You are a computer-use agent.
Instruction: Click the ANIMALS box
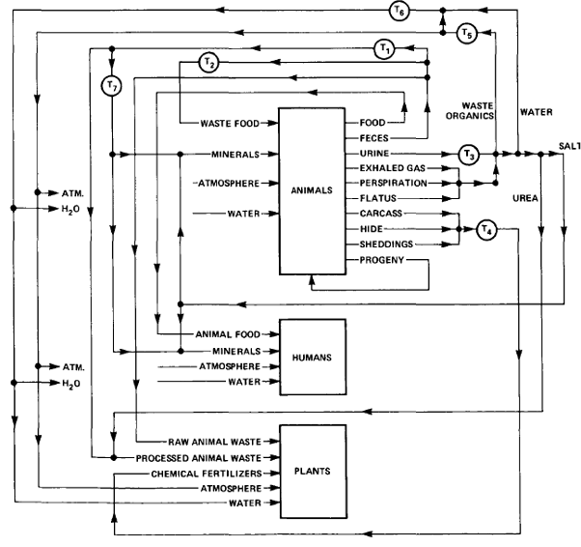(x=312, y=190)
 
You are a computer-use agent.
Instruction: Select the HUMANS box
(x=312, y=357)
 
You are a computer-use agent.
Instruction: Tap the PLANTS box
(x=312, y=471)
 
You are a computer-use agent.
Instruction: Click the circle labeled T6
(x=400, y=11)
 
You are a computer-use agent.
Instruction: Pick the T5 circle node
(x=468, y=34)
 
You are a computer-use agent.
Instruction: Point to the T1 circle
(x=384, y=48)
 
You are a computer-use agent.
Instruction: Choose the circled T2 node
(x=207, y=63)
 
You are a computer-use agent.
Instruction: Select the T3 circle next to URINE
(x=469, y=154)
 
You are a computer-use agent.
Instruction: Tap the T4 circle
(x=485, y=229)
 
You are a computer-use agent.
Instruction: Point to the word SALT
(x=568, y=147)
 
